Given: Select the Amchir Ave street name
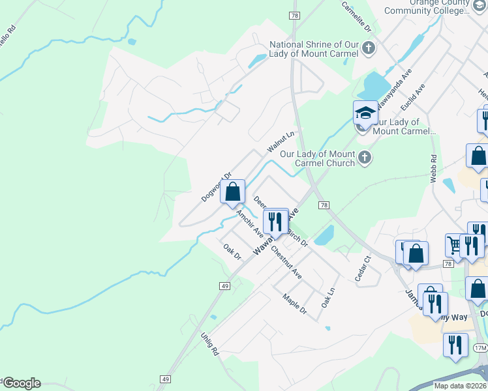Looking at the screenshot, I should tap(249, 223).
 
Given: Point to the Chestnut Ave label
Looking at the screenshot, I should tap(286, 262).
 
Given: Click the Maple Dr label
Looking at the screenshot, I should tap(294, 303).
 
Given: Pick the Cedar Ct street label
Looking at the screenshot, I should tap(363, 268).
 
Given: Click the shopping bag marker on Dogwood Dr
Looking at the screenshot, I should tap(232, 192).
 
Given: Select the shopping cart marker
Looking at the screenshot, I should tap(455, 245).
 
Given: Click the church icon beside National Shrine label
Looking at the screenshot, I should tap(369, 48).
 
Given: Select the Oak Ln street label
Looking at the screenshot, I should tap(328, 298).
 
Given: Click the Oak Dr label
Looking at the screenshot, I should tap(232, 252).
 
